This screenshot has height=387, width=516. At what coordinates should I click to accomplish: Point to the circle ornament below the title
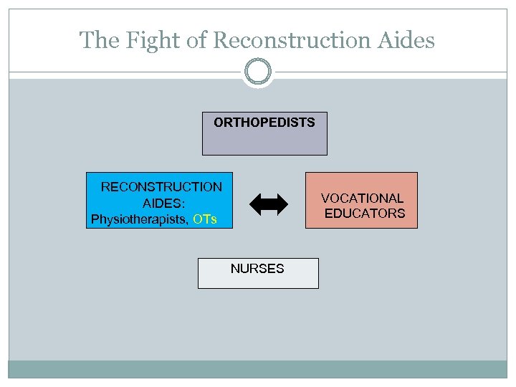click(258, 72)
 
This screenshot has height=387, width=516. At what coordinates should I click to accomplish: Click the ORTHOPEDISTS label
click(264, 123)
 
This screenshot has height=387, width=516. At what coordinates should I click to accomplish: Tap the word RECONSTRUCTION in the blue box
click(161, 187)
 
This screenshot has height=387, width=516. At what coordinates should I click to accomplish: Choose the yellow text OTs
click(205, 219)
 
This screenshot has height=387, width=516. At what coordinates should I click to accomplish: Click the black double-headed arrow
click(269, 204)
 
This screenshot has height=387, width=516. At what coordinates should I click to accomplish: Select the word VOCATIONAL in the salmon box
click(362, 198)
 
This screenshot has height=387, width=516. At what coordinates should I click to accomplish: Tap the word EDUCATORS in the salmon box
click(364, 213)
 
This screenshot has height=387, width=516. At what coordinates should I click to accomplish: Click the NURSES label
click(257, 269)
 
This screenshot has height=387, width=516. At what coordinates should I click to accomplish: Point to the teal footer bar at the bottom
click(258, 368)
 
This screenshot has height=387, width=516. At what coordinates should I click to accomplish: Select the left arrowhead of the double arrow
click(256, 204)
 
